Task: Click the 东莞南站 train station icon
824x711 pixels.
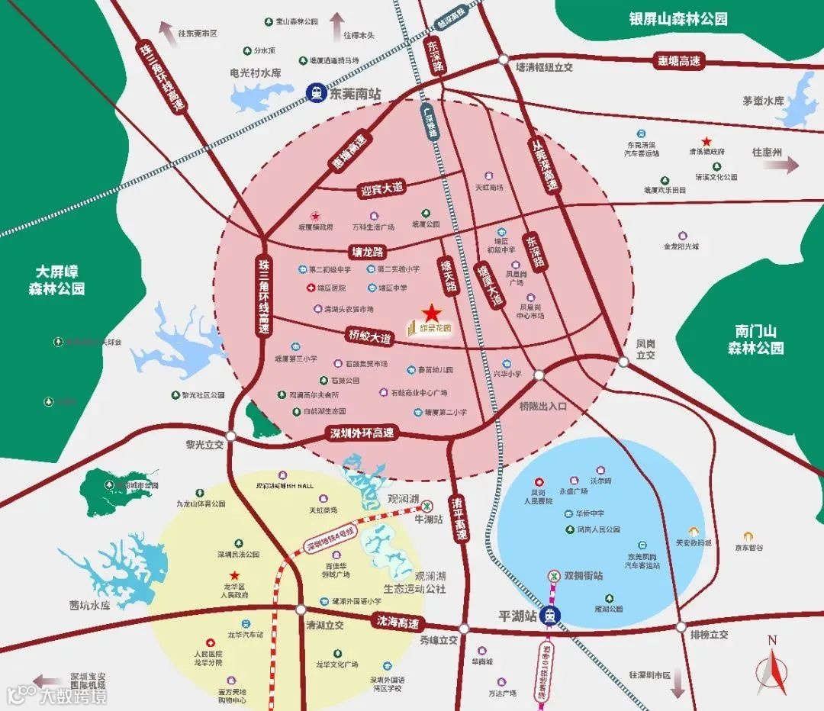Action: click(x=315, y=92)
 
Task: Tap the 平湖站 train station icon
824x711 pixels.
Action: click(x=548, y=616)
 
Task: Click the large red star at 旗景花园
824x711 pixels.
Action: click(x=432, y=313)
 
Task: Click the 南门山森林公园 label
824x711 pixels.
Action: click(x=755, y=339)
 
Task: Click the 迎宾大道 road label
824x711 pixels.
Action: click(x=381, y=188)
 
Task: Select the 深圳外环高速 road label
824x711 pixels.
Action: click(x=362, y=433)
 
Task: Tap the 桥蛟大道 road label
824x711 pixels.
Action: click(x=370, y=336)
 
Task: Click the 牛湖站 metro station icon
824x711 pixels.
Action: click(x=430, y=505)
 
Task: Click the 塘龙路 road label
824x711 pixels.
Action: click(x=367, y=250)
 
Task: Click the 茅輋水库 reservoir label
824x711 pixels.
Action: click(x=763, y=101)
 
